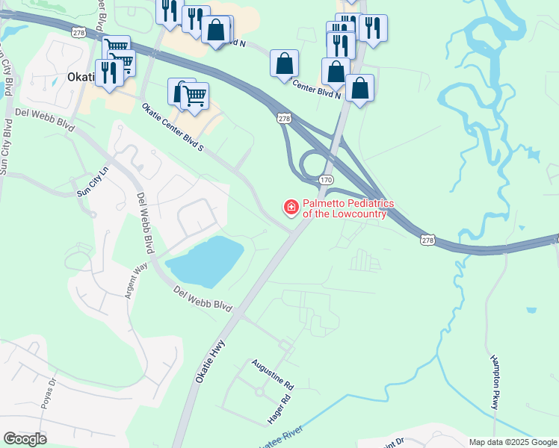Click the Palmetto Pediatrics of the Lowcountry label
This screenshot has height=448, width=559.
coord(344,208)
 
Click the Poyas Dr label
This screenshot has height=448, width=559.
coord(50,395)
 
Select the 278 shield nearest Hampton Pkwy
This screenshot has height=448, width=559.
coord(427,239)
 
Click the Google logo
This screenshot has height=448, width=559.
coord(25,439)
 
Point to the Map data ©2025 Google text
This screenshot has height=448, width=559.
coord(513,442)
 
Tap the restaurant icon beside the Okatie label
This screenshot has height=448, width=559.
coord(109,73)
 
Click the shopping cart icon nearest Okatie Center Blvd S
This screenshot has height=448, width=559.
coord(194,96)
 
